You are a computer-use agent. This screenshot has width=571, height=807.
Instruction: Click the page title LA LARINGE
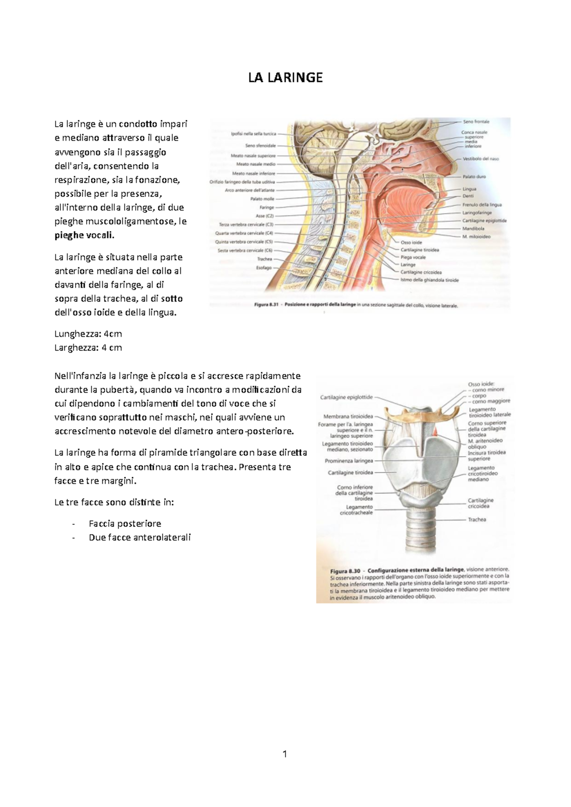coord(285,78)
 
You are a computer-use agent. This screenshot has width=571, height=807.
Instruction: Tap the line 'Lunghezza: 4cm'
coord(88,334)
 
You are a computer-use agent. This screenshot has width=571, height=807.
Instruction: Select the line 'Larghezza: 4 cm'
coord(88,347)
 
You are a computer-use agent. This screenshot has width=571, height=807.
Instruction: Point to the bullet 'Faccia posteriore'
coord(125,523)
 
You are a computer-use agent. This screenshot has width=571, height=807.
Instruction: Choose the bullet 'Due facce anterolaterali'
coord(139,537)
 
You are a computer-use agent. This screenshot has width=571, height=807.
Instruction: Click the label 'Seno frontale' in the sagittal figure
coord(475,122)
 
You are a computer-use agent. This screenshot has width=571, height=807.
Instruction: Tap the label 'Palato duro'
coord(474,177)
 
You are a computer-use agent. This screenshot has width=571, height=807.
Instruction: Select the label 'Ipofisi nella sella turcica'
coord(253,134)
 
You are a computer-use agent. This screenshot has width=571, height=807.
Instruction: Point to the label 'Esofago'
coord(264,267)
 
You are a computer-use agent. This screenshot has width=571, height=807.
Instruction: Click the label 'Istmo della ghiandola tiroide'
coord(430,280)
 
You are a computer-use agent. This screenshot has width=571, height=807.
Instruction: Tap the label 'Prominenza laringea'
coord(349,461)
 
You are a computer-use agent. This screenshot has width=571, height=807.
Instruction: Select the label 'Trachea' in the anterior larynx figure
coord(477,520)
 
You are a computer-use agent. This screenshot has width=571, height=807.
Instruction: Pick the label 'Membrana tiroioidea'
coord(348,416)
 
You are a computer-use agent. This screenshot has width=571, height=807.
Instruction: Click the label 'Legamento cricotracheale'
coord(356,510)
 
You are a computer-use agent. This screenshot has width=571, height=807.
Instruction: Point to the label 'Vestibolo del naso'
coord(481,159)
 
